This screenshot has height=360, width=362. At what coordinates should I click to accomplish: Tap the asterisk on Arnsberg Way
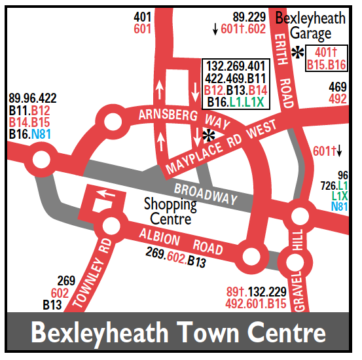[x=209, y=135]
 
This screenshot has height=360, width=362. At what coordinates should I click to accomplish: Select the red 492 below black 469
[x=338, y=99]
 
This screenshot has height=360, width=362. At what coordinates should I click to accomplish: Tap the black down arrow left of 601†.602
[x=215, y=29]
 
